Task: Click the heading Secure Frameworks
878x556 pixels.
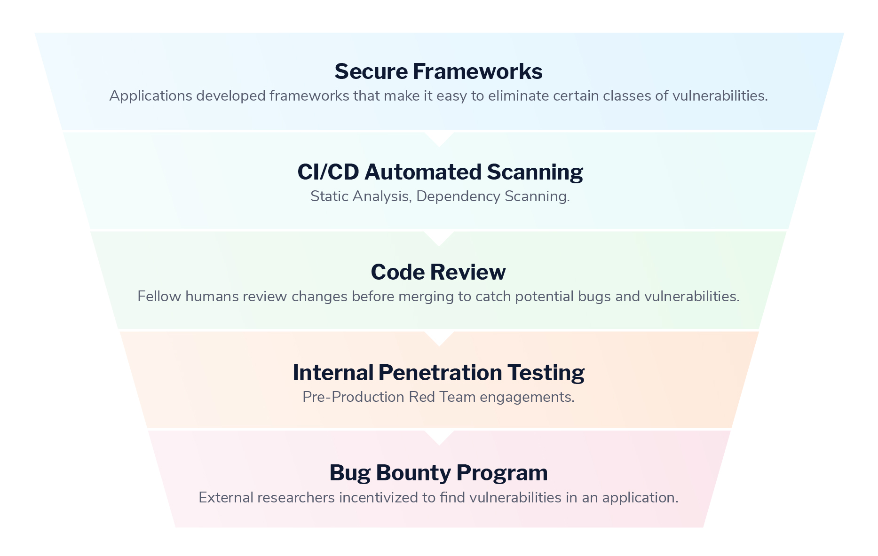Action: tap(438, 72)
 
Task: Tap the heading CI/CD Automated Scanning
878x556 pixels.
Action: tap(440, 172)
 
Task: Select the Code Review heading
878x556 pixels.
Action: tap(438, 272)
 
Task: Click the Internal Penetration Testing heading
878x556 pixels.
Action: tap(438, 373)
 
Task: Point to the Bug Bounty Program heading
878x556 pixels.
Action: tap(438, 473)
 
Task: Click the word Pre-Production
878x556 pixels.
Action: tap(353, 397)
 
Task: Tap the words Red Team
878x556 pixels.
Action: tap(442, 397)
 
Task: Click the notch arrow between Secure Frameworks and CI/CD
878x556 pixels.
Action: tap(439, 138)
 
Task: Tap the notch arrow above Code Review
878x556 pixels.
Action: tap(439, 238)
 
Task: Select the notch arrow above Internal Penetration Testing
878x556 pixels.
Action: tap(439, 338)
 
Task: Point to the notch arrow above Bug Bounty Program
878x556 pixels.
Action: tap(439, 437)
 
